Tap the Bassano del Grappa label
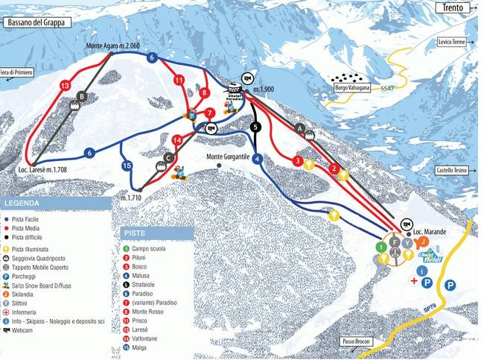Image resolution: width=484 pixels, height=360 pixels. [x=35, y=22]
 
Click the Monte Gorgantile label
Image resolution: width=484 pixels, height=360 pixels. [x=233, y=157]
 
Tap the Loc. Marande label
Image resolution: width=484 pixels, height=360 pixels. [x=430, y=233]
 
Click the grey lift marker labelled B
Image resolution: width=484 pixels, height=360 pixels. [x=83, y=95]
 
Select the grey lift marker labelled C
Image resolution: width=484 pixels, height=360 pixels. [x=169, y=157]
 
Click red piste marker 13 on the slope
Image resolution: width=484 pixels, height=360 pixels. [x=65, y=86]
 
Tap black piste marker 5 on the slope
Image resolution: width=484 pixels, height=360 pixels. [x=255, y=127]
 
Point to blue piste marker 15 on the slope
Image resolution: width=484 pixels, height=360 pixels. [x=127, y=165]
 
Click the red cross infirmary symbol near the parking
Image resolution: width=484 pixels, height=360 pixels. [x=413, y=279]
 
